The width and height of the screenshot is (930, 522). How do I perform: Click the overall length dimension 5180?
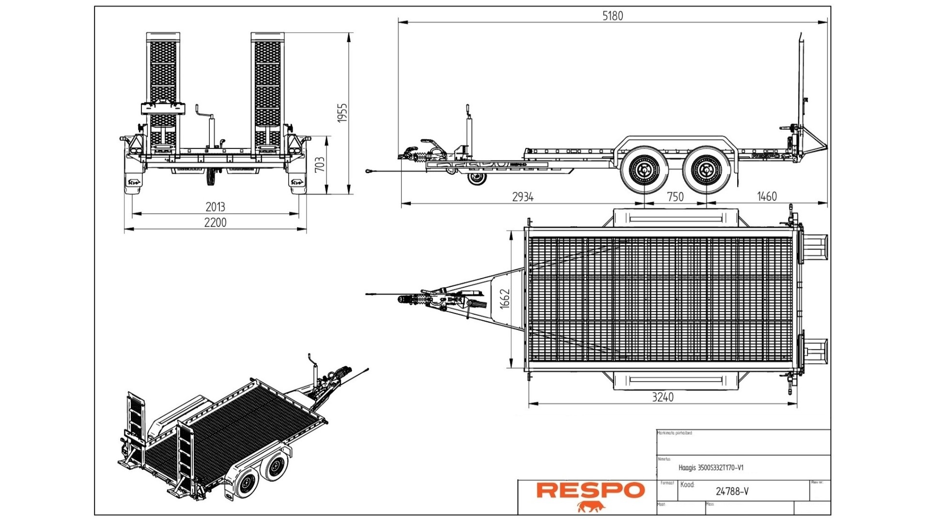612,16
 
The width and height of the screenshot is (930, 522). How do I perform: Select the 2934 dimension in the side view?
523,197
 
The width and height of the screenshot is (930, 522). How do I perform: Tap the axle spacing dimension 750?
675,197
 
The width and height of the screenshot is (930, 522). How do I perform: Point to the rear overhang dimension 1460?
767,196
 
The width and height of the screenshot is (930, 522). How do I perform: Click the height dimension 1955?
342,113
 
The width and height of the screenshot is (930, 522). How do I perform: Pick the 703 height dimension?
320,165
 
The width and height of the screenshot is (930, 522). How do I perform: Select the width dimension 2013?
215,207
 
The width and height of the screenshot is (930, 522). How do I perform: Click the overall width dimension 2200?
215,223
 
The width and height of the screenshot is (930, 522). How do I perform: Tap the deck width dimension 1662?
505,299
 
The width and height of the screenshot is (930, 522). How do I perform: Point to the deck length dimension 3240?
662,397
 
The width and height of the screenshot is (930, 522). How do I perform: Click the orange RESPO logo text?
590,490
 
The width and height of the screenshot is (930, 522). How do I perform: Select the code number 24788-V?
732,492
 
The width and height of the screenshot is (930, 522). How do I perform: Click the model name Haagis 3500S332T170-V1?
711,468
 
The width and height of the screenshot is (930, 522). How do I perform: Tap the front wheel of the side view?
644,170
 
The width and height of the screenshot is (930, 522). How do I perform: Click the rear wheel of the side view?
706,170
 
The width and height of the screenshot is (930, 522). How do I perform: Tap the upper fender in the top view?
675,218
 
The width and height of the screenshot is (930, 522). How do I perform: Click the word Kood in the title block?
687,484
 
